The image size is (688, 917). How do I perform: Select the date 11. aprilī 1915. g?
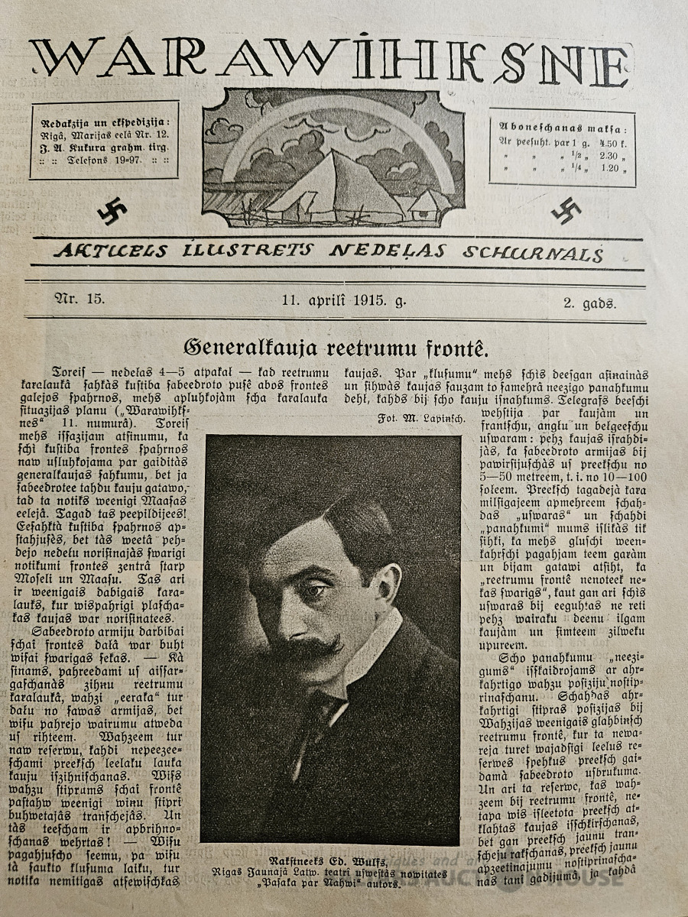(344, 300)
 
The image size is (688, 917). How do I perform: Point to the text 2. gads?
(589, 303)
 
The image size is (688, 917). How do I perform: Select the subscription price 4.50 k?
(612, 142)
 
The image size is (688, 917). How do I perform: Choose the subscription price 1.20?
(611, 169)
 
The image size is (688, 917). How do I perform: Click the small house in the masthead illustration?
(427, 205)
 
